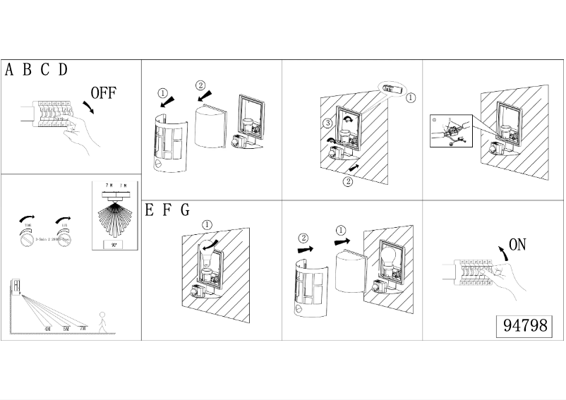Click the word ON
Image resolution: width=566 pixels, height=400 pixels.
[517, 245]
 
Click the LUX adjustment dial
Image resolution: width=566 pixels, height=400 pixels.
[65, 238]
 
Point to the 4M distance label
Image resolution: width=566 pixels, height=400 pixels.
[47, 329]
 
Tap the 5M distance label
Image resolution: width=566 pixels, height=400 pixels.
[66, 329]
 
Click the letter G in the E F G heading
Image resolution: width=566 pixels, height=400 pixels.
[185, 210]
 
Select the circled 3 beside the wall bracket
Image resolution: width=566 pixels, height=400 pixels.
[327, 123]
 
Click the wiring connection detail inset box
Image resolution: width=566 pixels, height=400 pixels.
[450, 132]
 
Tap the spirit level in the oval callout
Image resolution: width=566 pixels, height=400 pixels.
[392, 90]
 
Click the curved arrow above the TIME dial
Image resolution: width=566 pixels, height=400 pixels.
[27, 214]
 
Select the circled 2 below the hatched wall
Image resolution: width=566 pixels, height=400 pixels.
[348, 181]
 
